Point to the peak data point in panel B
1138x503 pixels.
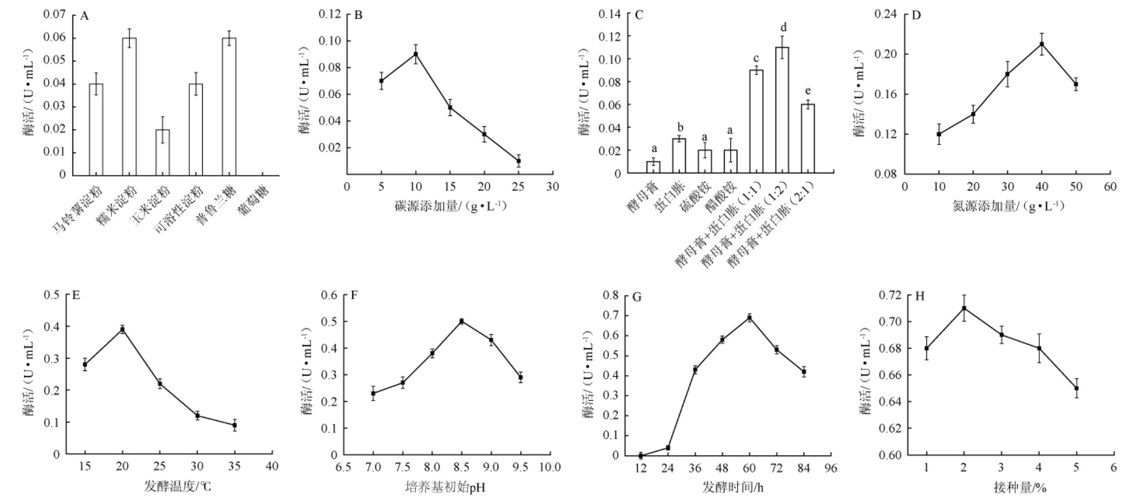[415, 54]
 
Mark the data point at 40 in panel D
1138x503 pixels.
[1042, 44]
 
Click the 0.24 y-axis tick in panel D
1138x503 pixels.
[885, 14]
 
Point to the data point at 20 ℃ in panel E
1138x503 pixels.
[123, 329]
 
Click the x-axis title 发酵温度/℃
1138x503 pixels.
[177, 486]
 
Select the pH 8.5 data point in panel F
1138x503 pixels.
[461, 321]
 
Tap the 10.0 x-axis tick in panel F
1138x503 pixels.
[549, 467]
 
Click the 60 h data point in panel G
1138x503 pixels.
[749, 318]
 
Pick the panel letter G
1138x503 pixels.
[637, 297]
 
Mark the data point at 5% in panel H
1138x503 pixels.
[1076, 388]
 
